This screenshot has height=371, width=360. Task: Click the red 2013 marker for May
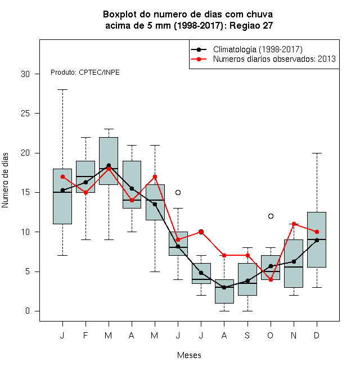(x=155, y=177)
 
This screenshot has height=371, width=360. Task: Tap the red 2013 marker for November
(x=294, y=224)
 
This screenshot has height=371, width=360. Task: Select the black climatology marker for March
(x=109, y=165)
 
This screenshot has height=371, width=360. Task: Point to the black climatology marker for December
(x=317, y=240)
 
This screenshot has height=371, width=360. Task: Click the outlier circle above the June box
(x=178, y=192)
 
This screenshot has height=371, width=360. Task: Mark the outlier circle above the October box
(x=271, y=216)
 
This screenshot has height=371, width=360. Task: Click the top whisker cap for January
(x=62, y=90)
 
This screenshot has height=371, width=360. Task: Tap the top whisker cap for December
(x=317, y=153)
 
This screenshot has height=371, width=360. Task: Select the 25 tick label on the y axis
(x=25, y=114)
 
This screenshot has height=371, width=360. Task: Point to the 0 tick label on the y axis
(x=28, y=311)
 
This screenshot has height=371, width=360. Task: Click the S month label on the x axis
(x=247, y=335)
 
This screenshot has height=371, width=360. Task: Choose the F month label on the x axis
(x=85, y=335)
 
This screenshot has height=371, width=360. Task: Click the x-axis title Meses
(x=189, y=355)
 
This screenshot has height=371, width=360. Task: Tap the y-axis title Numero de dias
(x=5, y=180)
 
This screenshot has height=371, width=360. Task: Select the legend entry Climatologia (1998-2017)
(x=258, y=49)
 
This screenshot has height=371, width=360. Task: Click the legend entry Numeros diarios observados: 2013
(x=274, y=59)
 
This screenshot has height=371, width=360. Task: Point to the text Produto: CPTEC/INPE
(x=85, y=73)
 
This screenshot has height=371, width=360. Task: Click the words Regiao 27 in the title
(x=251, y=25)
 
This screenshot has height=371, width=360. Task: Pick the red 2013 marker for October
(x=271, y=279)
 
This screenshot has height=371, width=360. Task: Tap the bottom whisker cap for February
(x=85, y=239)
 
